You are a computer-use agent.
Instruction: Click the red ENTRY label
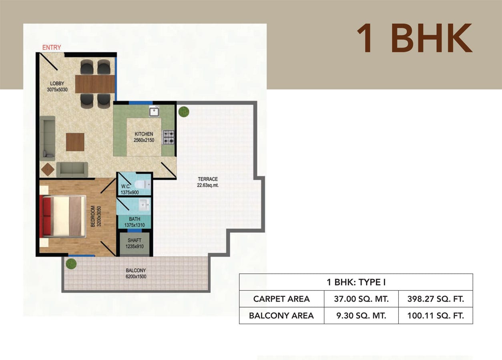[52, 48]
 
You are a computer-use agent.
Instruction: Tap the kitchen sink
[154, 112]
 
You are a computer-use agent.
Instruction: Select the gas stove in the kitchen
[169, 138]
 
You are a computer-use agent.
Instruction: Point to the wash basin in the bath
[145, 205]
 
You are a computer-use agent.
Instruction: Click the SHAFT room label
[135, 240]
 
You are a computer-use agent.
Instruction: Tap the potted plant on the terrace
[183, 112]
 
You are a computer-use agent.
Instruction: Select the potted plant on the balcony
[71, 264]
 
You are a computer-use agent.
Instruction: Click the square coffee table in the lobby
[75, 142]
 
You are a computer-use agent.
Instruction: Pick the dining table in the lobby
[95, 84]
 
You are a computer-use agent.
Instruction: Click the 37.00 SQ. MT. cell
[361, 299]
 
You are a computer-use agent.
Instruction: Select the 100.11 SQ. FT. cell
[436, 316]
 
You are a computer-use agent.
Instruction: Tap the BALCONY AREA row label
[281, 316]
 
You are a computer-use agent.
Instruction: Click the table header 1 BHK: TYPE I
[356, 282]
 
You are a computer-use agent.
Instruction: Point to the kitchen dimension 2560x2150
[144, 140]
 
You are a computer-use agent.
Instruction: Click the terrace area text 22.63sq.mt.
[208, 185]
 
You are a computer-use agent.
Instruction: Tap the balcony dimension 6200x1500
[136, 276]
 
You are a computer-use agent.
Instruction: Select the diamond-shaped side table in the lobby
[48, 170]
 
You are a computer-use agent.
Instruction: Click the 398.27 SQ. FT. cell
[436, 299]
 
